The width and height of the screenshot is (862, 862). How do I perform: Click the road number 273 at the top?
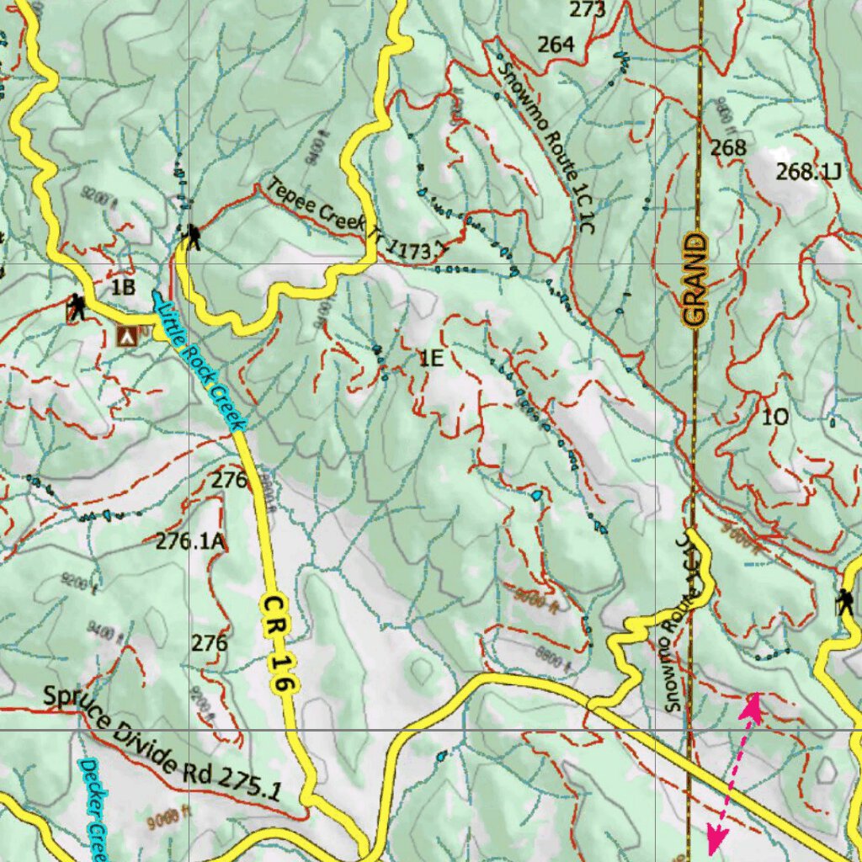(x=587, y=10)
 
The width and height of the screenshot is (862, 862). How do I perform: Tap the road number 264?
(x=556, y=45)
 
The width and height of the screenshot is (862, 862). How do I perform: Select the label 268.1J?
(x=809, y=173)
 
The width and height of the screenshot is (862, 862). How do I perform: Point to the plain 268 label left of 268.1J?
(x=728, y=148)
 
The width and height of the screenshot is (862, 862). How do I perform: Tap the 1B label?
(x=123, y=287)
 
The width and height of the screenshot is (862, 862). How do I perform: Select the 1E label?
(x=431, y=359)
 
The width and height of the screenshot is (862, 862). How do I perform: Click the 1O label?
(x=774, y=417)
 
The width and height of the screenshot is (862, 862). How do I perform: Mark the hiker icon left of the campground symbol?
(x=77, y=307)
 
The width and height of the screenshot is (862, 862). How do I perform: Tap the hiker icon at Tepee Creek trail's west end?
(x=193, y=237)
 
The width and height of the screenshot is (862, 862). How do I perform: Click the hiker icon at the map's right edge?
(x=843, y=602)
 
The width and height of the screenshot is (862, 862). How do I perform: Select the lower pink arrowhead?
(x=716, y=838)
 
